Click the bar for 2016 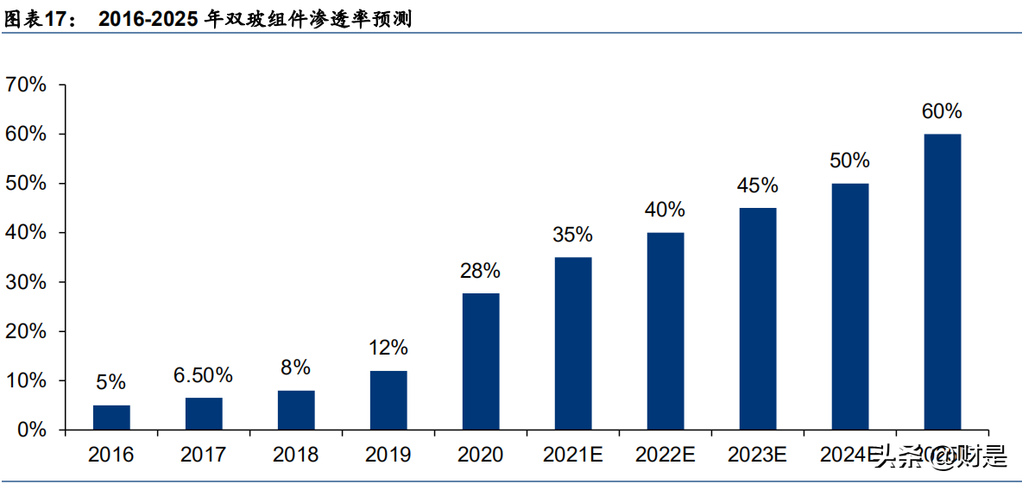click(x=111, y=418)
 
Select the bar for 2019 click(x=388, y=400)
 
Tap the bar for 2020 click(x=481, y=361)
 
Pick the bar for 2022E click(x=666, y=331)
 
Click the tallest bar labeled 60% click(x=942, y=282)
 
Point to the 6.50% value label click(x=203, y=375)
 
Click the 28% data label click(x=480, y=271)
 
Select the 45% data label click(x=757, y=185)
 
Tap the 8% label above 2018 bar click(x=295, y=368)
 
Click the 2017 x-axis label click(x=203, y=455)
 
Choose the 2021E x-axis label click(x=572, y=455)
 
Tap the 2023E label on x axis click(x=757, y=455)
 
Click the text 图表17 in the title click(x=38, y=19)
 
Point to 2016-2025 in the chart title click(x=148, y=19)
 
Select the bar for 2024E click(x=849, y=306)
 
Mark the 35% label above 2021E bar click(x=572, y=235)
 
